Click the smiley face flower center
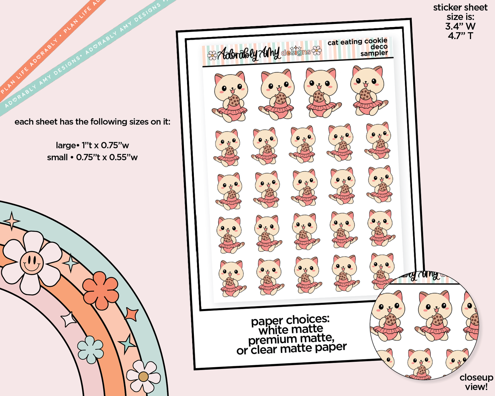[x=32, y=262]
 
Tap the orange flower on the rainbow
[x=100, y=290]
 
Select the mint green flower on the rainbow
[x=90, y=349]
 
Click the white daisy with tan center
[x=144, y=376]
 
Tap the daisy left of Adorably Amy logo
[x=212, y=55]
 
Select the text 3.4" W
[x=460, y=26]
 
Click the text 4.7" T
[x=460, y=36]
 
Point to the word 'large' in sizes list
[x=65, y=146]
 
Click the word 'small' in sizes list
[x=57, y=157]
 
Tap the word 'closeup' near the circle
[x=477, y=378]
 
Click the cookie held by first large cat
[x=234, y=100]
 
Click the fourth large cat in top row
[x=369, y=90]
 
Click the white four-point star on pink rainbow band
[x=69, y=319]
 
